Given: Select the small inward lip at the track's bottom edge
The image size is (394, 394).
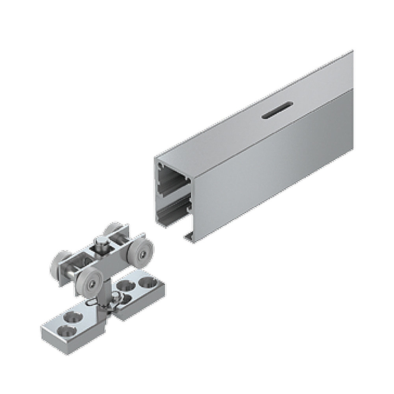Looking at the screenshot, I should [188, 236].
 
